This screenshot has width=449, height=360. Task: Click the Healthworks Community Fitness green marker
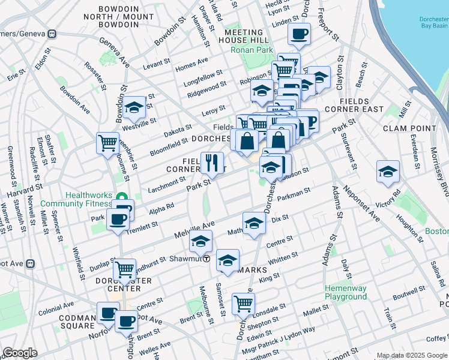click(x=122, y=197)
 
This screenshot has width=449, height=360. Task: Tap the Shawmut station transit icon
click(x=206, y=259)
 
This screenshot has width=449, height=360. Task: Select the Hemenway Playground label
click(x=345, y=293)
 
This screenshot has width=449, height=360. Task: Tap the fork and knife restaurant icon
click(x=211, y=161)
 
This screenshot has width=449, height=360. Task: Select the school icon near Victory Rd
click(x=388, y=170)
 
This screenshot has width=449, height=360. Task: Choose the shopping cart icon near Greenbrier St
click(x=107, y=143)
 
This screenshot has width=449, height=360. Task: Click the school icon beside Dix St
click(x=254, y=223)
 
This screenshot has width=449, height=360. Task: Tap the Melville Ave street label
click(x=194, y=229)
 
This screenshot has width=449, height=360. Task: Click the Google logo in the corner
click(x=20, y=353)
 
